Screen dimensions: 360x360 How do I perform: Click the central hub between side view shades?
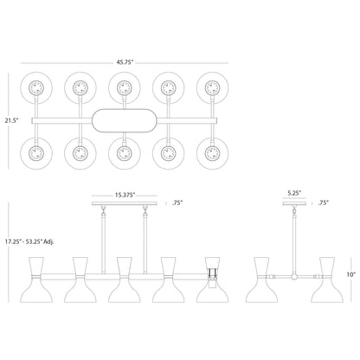(296, 278)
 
